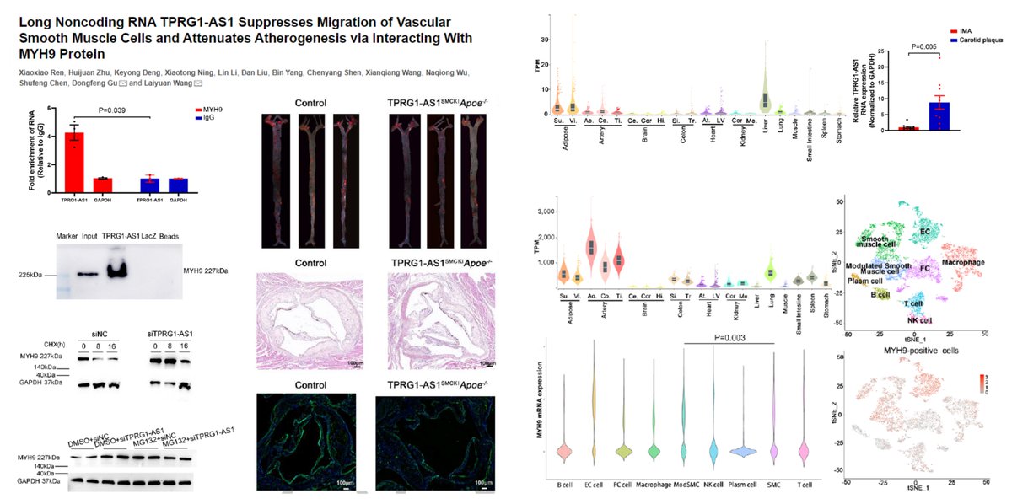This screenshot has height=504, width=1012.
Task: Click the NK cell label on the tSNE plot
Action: click(x=920, y=319)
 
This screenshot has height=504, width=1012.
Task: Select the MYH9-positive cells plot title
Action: click(x=918, y=349)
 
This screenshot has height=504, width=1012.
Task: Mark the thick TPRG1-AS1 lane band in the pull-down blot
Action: click(x=117, y=271)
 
